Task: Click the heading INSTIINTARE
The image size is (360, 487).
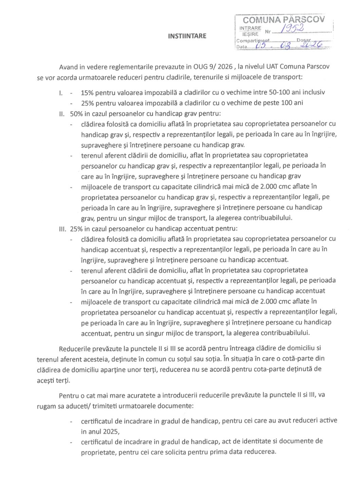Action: point(187,36)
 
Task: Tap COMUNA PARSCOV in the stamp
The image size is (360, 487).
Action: point(284,20)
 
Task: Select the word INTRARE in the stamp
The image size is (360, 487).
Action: point(250,28)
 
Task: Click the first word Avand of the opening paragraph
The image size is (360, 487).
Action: point(69,67)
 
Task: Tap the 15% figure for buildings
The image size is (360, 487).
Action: point(87,92)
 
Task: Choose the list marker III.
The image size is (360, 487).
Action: point(62,229)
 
